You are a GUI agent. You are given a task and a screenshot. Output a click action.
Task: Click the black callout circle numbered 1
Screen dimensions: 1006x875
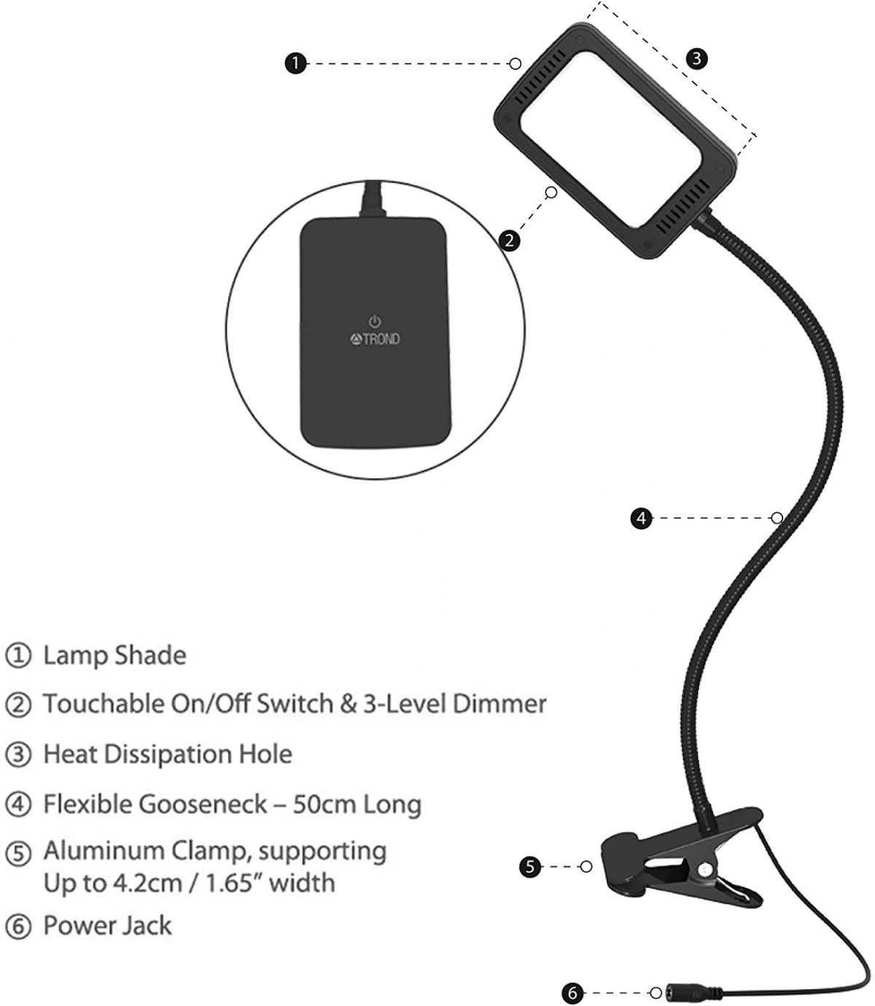tap(295, 64)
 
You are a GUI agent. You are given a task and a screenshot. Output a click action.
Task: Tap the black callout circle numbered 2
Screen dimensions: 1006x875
tap(510, 239)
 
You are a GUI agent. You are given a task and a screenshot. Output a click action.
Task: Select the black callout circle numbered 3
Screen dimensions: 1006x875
tap(697, 58)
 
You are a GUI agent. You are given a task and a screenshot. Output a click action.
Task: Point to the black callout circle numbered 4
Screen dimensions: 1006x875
tap(640, 518)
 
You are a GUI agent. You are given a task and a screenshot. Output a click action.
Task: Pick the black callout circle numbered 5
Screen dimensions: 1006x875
tap(531, 867)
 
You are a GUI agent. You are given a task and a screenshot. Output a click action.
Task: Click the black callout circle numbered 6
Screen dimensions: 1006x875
tap(573, 992)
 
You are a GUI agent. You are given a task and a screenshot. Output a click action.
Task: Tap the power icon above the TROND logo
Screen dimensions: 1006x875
tap(374, 321)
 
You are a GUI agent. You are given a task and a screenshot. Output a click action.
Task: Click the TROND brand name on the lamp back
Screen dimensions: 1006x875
tap(379, 339)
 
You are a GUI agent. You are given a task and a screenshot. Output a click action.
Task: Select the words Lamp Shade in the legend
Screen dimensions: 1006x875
tap(114, 655)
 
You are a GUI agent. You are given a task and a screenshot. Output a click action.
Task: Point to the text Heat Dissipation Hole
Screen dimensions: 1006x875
tap(168, 754)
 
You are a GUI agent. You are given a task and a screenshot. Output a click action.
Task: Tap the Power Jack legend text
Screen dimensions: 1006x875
tap(107, 926)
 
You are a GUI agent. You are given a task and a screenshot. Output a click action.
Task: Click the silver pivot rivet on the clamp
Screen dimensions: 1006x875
tap(704, 870)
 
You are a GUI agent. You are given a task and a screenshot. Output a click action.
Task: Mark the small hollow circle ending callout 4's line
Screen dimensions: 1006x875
tap(777, 518)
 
